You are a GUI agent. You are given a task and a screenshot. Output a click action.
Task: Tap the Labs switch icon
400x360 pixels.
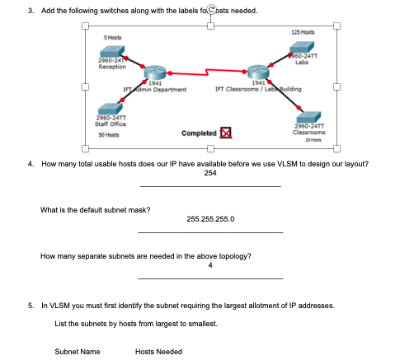pos(303,43)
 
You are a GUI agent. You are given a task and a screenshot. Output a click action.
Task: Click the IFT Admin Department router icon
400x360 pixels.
pos(153,72)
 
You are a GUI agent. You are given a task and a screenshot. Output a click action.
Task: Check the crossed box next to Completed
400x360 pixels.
pos(224,133)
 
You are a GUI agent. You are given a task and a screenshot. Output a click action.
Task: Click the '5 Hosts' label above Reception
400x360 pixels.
pos(114,39)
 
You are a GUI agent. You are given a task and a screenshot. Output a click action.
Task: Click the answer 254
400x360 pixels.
pos(210,172)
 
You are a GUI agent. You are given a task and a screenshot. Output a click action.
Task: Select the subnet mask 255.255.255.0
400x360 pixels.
pos(210,219)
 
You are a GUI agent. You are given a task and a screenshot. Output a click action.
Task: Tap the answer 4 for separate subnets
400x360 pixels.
pos(210,265)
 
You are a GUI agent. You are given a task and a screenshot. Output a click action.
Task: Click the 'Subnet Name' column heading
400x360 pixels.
pos(78,352)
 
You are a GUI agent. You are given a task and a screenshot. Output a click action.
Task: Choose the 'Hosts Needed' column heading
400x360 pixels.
pos(158,352)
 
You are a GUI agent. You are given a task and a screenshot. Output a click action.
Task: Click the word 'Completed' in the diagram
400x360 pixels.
pos(199,133)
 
